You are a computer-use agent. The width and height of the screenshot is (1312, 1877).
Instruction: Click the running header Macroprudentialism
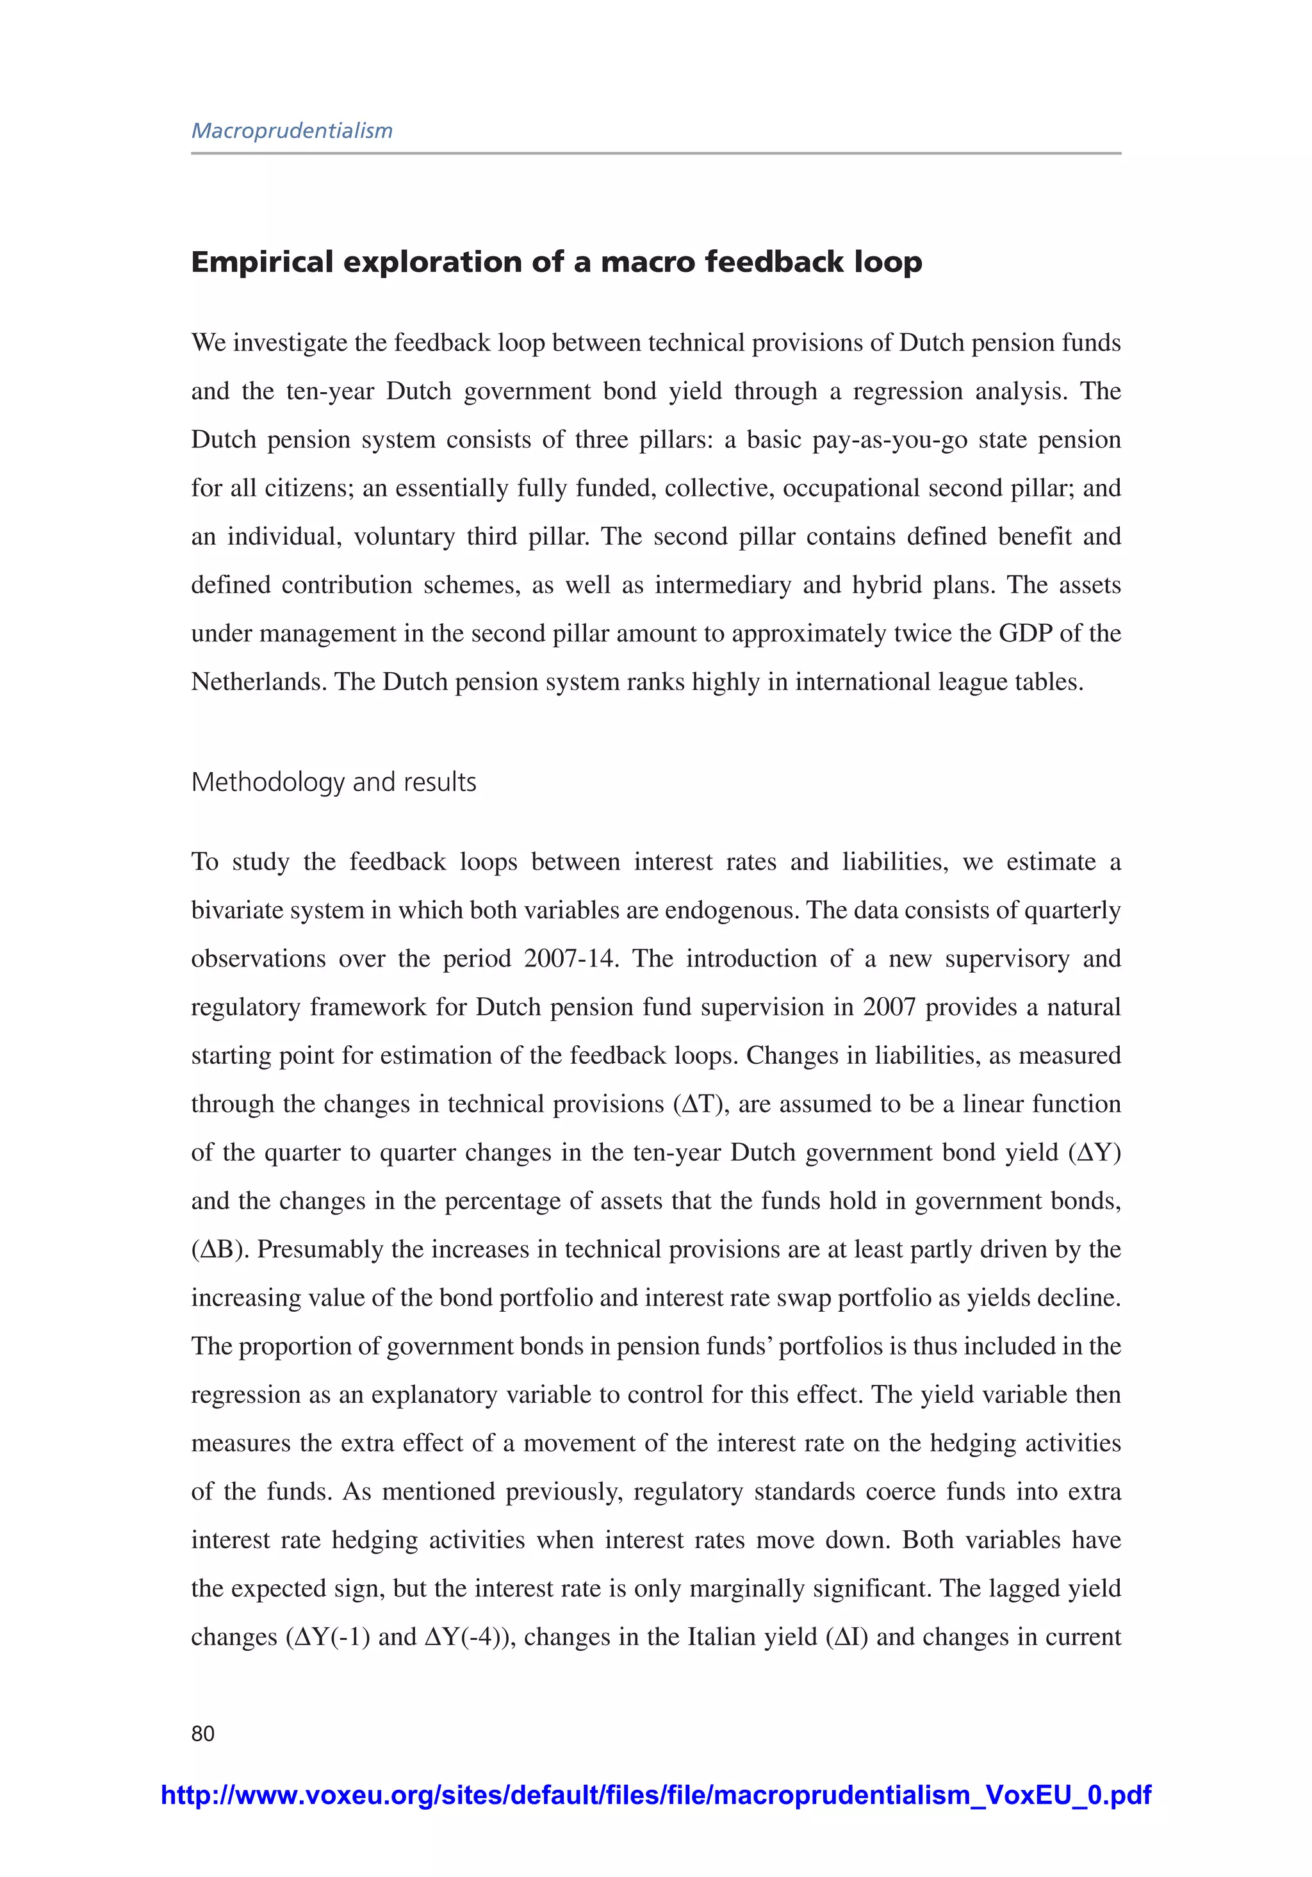292,131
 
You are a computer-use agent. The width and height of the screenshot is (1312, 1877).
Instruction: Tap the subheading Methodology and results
334,782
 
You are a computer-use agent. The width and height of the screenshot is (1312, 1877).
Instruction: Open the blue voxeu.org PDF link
655,1795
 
